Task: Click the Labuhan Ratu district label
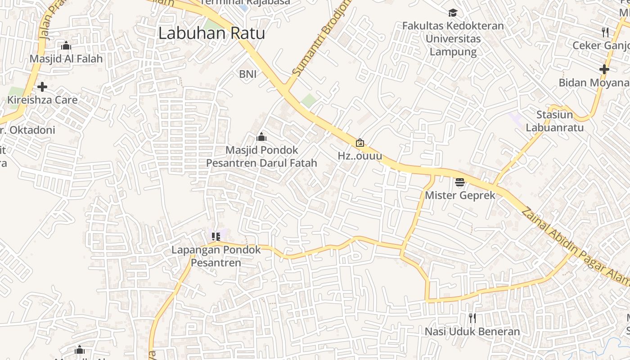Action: point(211,33)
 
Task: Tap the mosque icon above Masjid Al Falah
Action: point(66,46)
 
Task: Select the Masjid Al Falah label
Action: point(66,59)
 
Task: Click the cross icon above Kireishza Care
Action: point(42,87)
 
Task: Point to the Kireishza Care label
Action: point(42,100)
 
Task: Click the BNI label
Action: point(247,74)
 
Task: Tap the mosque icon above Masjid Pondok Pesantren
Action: point(261,137)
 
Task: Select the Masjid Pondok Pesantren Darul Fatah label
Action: point(261,157)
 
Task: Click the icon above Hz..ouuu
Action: point(360,143)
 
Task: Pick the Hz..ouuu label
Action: point(360,156)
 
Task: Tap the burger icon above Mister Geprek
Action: point(459,182)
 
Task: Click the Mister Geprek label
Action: point(460,195)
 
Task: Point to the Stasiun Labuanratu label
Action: point(554,121)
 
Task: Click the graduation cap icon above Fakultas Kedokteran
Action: point(453,13)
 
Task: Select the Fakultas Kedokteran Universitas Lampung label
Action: point(453,39)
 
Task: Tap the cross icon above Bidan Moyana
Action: point(604,69)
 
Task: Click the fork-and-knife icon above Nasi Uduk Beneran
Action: point(472,319)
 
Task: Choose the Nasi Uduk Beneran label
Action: point(472,332)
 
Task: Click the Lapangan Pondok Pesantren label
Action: point(216,256)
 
